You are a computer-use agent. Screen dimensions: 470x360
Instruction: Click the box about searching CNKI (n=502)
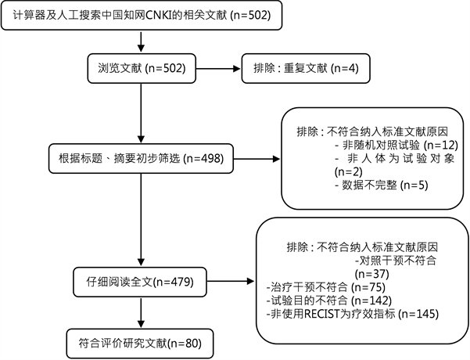[x=142, y=16]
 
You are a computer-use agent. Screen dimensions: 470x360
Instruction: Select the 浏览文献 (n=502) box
[x=142, y=68]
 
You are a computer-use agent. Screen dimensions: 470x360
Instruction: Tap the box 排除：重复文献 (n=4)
[x=306, y=68]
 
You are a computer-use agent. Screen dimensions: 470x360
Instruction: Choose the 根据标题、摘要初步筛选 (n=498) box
[x=141, y=158]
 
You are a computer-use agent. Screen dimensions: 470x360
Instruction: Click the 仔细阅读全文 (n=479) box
[x=140, y=282]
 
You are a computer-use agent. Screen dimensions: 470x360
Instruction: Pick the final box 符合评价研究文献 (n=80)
[x=140, y=344]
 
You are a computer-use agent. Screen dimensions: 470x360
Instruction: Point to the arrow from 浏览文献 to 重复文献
[x=218, y=69]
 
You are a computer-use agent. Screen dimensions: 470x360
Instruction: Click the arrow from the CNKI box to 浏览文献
[x=141, y=41]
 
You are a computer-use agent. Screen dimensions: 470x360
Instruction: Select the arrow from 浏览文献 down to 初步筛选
[x=141, y=113]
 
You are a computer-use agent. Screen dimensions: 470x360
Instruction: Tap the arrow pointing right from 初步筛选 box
[x=257, y=159]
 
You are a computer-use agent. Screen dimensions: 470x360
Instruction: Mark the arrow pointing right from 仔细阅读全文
[x=231, y=282]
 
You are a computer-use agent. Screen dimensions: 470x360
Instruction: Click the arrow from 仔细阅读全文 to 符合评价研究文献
[x=141, y=313]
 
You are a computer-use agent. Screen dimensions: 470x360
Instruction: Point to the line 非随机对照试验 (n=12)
[x=396, y=146]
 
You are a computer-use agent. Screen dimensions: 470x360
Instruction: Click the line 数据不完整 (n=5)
[x=382, y=185]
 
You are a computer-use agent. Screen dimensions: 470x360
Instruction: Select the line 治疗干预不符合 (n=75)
[x=326, y=287]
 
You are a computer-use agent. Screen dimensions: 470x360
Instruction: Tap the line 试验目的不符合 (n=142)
[x=328, y=301]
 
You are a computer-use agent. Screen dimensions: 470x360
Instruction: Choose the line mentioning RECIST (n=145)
[x=353, y=314]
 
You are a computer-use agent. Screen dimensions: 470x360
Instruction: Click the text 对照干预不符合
[x=396, y=261]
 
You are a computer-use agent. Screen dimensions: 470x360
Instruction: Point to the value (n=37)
[x=372, y=274]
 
